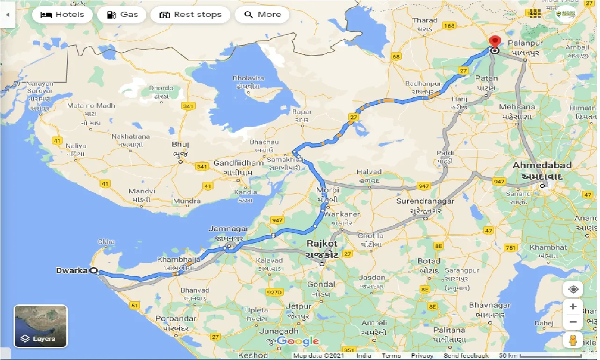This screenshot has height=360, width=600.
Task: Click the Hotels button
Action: pos(63,14)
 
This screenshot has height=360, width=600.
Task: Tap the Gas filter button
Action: pos(122,14)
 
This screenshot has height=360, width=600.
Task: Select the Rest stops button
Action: pos(190,14)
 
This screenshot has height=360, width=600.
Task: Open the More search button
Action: pos(262,14)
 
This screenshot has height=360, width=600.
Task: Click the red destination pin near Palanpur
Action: pos(494,41)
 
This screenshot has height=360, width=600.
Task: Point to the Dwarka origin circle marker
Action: pos(93,270)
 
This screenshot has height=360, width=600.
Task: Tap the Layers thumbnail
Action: pos(41,326)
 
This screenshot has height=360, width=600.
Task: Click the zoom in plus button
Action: pos(573,307)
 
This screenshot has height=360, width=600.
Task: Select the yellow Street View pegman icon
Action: pos(573,340)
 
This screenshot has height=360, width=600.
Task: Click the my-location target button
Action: pos(573,289)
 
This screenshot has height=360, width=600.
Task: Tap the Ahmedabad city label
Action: pos(542,166)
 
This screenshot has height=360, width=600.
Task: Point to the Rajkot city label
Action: pos(322,244)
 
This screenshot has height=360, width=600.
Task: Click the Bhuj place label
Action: pos(180,144)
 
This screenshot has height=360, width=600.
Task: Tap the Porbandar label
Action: pos(176,318)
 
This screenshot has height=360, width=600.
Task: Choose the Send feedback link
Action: pos(466,356)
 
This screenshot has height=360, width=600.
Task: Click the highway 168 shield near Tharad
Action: pos(449,25)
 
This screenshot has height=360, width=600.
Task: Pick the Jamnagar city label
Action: pos(228,229)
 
